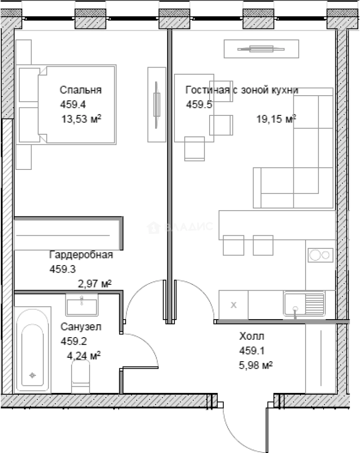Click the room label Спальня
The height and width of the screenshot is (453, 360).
coord(80,90)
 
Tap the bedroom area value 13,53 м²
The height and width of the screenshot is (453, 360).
coord(81,119)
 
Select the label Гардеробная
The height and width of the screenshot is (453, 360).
coord(81,255)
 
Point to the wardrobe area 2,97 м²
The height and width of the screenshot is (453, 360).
coord(94,284)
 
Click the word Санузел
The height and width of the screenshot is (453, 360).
coord(81,327)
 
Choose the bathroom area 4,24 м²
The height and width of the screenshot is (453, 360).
coord(84,355)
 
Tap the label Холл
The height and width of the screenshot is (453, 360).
coord(251,336)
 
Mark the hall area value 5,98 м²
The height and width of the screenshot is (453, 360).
coord(256,365)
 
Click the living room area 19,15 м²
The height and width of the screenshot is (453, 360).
coord(276,119)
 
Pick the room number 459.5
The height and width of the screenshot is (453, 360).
coord(199,104)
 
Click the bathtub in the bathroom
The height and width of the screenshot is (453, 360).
coord(33,350)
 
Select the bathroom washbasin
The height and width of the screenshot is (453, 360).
coord(82,305)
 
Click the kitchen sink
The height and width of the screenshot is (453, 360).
coord(304,303)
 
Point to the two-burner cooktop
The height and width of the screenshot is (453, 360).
coord(321,255)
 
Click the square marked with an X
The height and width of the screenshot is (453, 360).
coord(233,305)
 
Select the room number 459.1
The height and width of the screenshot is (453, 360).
coord(252,351)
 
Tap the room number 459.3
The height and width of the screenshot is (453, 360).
coord(62,269)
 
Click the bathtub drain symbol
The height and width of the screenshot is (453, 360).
coord(32,375)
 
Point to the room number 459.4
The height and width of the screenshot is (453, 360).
coord(73,104)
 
